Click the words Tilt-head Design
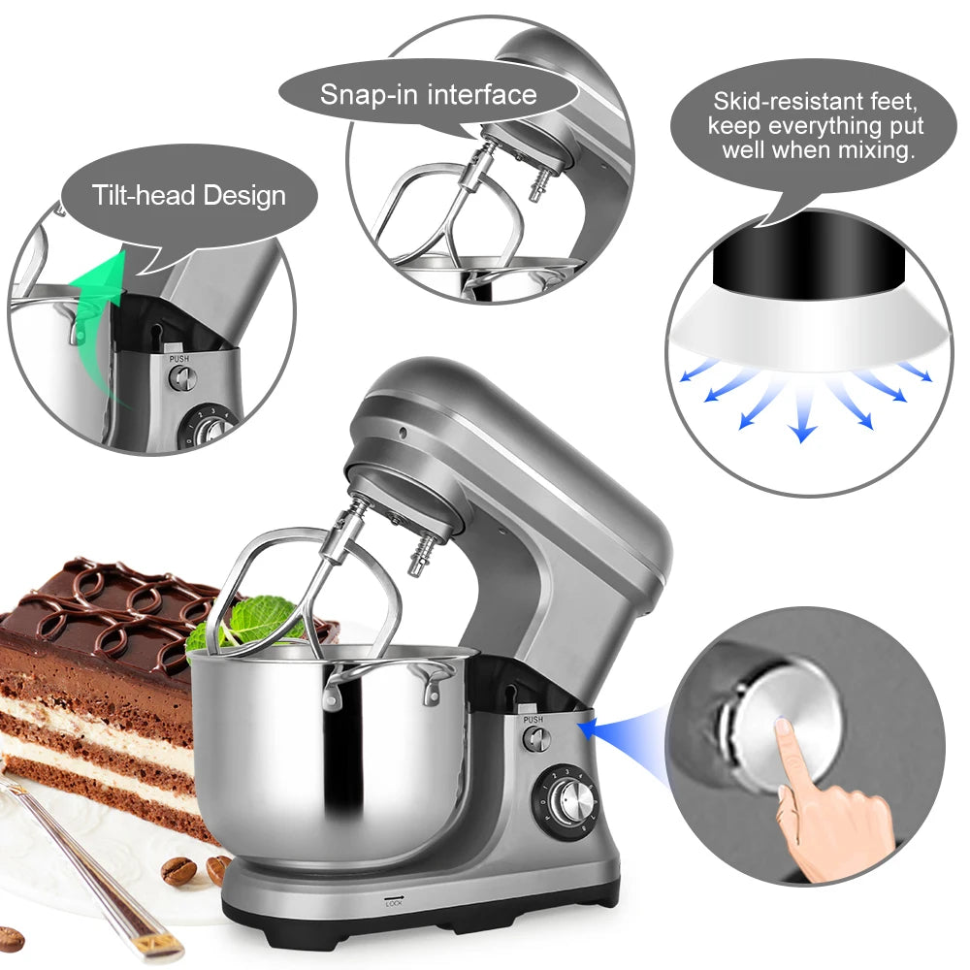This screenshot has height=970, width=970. pos(189,195)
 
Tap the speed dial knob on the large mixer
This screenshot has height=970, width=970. pos(570,800)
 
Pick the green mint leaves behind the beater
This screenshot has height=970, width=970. pos(242,621)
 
